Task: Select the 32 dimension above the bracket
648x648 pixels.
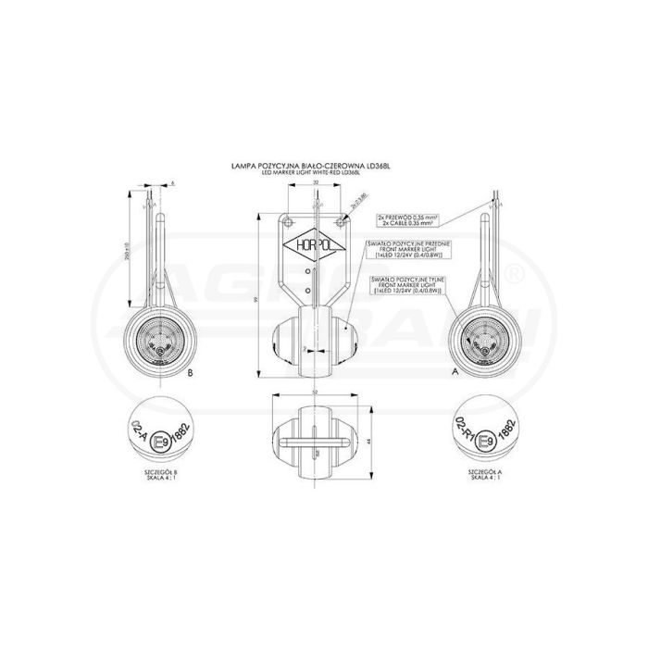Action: click(316, 183)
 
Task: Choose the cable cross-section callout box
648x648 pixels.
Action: click(407, 220)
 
